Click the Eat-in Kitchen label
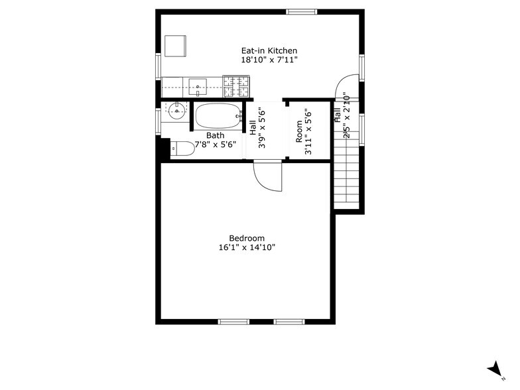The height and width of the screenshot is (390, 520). tap(269, 50)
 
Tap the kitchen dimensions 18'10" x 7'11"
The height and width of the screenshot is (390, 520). tap(269, 60)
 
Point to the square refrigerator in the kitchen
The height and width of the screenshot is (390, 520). tap(175, 46)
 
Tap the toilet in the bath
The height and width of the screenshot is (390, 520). tap(182, 150)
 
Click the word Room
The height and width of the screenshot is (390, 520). tap(299, 130)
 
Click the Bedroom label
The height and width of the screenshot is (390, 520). tap(247, 239)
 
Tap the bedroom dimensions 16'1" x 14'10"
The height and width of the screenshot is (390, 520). tap(247, 248)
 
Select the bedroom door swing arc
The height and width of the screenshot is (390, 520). tap(268, 176)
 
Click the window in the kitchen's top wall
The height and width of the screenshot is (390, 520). tap(302, 11)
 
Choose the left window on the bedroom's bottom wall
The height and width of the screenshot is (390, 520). tap(233, 322)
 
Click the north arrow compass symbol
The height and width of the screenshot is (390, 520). tap(493, 369)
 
